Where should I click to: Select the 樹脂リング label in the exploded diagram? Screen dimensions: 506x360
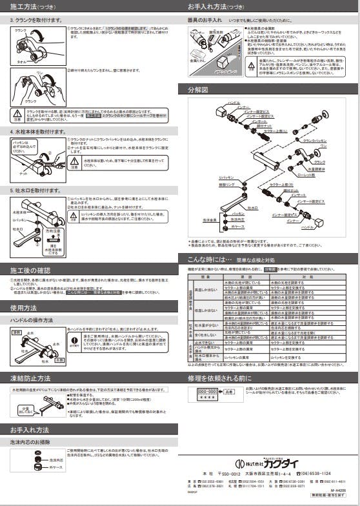pyautogui.click(x=226, y=185)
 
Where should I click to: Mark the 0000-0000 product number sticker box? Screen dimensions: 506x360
pyautogui.click(x=206, y=392)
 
